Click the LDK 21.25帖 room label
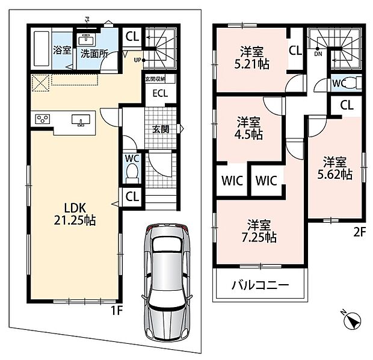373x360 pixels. click(x=75, y=214)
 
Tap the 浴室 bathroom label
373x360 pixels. click(x=62, y=50)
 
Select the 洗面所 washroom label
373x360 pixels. click(x=94, y=54)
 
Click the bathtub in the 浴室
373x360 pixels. click(x=42, y=49)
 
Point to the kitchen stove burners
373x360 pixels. click(x=43, y=119)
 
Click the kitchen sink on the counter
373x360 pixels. click(x=81, y=120)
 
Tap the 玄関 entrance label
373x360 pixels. click(x=161, y=129)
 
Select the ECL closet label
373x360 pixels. click(x=160, y=93)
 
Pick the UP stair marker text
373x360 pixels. click(x=138, y=60)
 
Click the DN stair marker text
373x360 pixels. click(x=318, y=54)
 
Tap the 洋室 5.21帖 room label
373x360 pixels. click(x=252, y=58)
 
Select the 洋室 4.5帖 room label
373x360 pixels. click(x=248, y=128)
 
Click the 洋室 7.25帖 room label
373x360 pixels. click(x=259, y=231)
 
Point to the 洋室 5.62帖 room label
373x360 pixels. click(x=335, y=169)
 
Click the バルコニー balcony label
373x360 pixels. click(x=260, y=285)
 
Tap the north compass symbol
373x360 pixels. click(x=353, y=320)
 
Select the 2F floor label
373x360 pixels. click(x=359, y=232)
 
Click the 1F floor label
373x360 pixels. click(x=117, y=310)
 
